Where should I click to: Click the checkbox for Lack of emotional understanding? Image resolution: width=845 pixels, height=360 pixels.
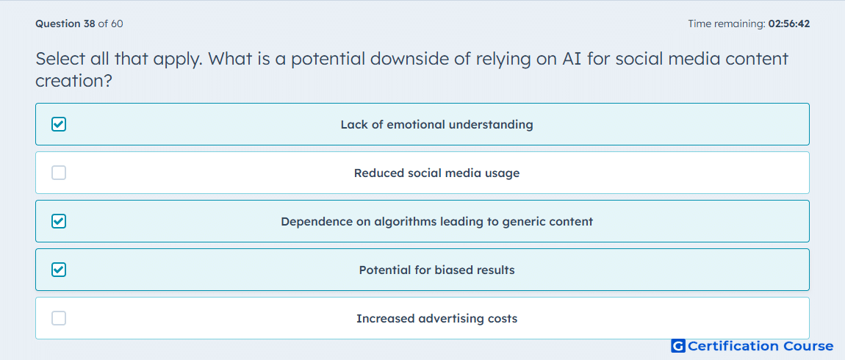coord(59,124)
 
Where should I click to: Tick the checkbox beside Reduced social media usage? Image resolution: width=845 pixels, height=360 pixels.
coord(59,173)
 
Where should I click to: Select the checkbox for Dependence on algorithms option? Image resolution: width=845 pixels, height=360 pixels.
coord(59,221)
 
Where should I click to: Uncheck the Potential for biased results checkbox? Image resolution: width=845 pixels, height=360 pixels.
coord(59,270)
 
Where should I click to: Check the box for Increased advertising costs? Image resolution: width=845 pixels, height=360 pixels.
coord(59,319)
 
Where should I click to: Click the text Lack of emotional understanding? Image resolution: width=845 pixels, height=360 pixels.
coord(436,124)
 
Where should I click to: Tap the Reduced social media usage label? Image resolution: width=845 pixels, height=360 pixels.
coord(436,173)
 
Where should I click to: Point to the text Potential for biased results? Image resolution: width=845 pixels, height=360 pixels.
coord(436,270)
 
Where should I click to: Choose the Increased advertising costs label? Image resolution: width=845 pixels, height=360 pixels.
coord(436,319)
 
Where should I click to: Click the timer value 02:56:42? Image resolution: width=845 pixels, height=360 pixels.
coord(789,24)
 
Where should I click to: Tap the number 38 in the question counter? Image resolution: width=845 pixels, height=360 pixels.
coord(90,24)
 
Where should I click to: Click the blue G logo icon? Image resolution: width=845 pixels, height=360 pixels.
coord(678,346)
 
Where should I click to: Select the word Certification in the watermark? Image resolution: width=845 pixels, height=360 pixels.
coord(733,346)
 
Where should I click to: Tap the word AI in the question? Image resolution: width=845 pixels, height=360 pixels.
coord(572,59)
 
